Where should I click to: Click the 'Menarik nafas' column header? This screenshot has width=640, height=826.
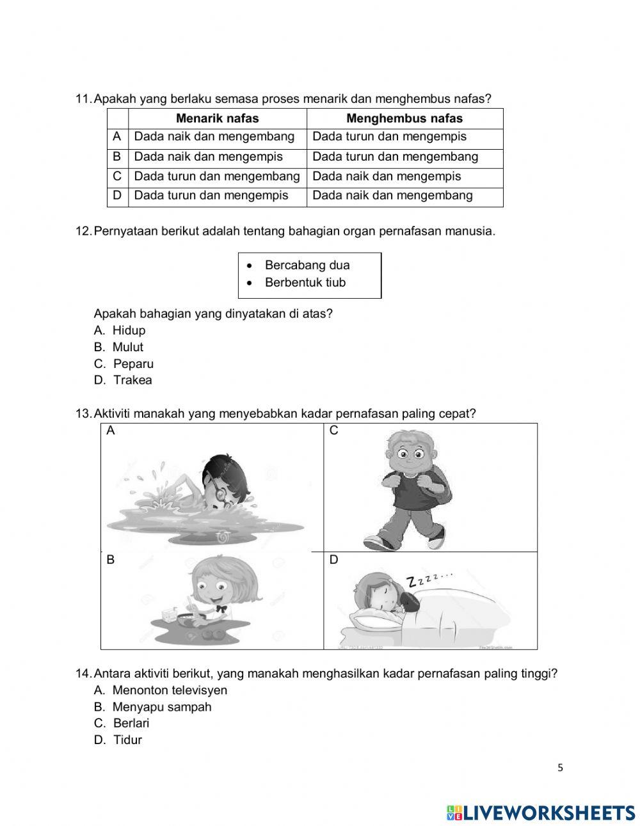point(217,118)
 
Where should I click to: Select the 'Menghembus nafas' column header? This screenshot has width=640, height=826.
point(404,118)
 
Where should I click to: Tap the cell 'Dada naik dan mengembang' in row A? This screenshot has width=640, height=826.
point(214,137)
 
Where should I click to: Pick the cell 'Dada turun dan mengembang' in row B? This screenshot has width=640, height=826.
point(395,157)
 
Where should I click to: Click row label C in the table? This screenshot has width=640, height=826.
point(117,177)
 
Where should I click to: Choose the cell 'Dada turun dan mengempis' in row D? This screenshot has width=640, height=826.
point(211,196)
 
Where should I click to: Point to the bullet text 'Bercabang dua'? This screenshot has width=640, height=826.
point(307,265)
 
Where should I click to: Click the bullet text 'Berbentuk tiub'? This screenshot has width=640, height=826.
point(305,283)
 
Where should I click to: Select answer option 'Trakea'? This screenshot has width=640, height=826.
point(132,380)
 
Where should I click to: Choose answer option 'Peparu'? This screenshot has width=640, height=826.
point(133,363)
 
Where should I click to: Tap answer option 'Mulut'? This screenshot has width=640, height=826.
point(127,347)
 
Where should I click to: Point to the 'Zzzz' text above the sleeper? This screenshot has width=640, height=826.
point(429,579)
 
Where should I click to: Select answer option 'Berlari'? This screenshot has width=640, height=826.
point(131,723)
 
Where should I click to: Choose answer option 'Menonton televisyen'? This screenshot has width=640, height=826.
point(169,690)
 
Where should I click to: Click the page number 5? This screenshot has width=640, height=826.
point(560,768)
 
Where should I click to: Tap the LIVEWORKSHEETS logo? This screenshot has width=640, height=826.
point(541,813)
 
